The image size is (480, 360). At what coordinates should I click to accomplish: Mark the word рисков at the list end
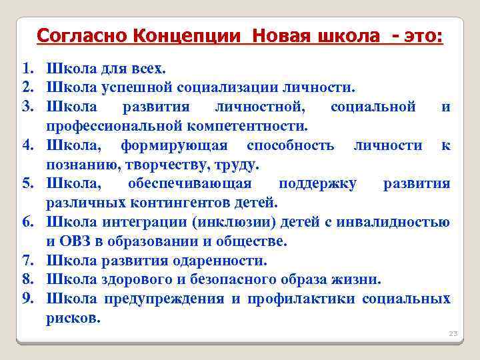(73, 317)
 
